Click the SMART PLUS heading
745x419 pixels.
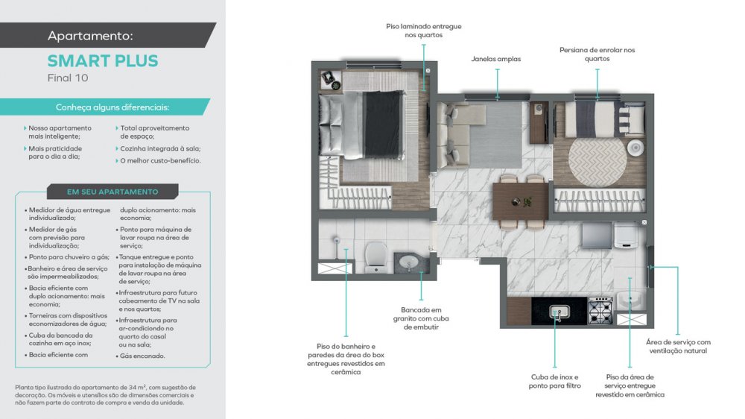103,61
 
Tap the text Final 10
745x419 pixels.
68,78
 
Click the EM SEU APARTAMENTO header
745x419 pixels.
112,192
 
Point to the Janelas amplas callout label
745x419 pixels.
496,59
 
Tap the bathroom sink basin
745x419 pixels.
409,262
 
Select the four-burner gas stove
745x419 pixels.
600,311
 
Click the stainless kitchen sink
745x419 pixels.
559,312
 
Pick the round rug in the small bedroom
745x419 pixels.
597,161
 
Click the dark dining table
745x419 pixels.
521,201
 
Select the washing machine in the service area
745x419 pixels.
626,236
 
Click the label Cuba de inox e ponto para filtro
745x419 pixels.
554,382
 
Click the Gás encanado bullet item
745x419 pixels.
142,356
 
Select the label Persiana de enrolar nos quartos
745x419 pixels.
597,54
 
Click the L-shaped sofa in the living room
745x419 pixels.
460,136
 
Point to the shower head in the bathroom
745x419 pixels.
337,240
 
